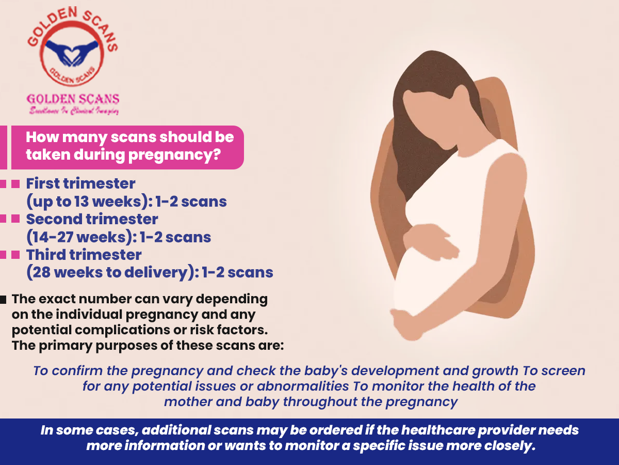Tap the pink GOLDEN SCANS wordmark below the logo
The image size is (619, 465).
tap(73, 99)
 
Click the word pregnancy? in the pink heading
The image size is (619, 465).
tap(174, 156)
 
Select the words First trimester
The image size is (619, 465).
tap(80, 183)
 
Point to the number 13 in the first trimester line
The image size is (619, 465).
tap(82, 202)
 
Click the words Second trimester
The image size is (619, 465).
tap(92, 219)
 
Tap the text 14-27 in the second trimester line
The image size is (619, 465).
tap(53, 237)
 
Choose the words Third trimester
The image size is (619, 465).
tap(84, 255)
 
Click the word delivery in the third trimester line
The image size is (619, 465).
tap(156, 272)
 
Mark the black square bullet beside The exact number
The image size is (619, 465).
tap(3, 300)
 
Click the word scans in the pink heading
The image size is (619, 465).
tap(133, 137)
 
